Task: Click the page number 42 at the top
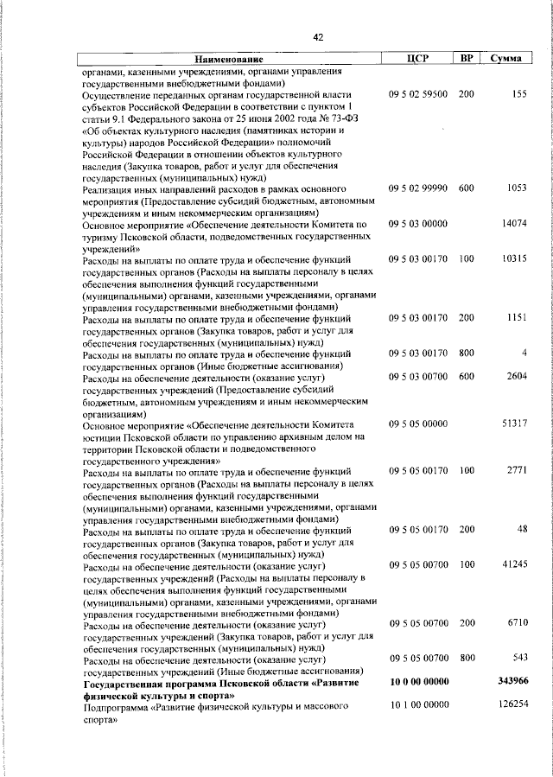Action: tap(319, 37)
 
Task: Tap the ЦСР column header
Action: tap(418, 59)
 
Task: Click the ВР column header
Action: tap(467, 59)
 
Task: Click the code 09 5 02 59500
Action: tap(418, 93)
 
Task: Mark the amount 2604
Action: tap(516, 377)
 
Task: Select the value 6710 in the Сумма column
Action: tap(516, 623)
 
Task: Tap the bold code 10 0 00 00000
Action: tap(418, 682)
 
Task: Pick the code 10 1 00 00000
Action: tap(418, 706)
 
